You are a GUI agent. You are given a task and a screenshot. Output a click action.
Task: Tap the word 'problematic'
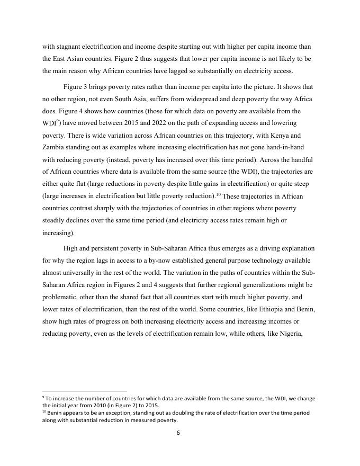coord(61,297)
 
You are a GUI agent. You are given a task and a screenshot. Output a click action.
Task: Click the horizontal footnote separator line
coord(85,391)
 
